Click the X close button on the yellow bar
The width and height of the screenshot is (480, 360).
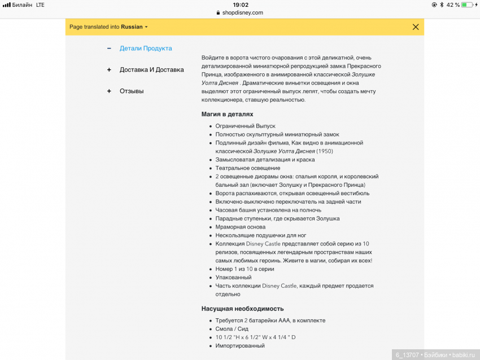click(416, 27)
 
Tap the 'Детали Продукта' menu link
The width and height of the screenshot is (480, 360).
click(146, 49)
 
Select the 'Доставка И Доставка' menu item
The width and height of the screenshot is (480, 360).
click(151, 70)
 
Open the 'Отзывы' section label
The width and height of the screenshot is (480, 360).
click(132, 91)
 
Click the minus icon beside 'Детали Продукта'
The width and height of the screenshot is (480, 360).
click(109, 49)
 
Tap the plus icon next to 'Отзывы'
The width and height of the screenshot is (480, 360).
click(109, 91)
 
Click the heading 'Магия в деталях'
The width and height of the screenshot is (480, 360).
click(228, 114)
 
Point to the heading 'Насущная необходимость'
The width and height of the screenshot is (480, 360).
click(242, 309)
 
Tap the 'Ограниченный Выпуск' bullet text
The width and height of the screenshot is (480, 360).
click(245, 126)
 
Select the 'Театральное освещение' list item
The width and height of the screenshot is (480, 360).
click(248, 168)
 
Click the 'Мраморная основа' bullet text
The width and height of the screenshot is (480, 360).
click(240, 227)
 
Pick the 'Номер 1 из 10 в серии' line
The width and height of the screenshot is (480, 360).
click(245, 269)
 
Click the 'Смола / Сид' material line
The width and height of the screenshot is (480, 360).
click(232, 329)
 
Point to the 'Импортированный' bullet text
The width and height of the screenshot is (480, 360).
click(240, 345)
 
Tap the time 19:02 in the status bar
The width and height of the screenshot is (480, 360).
click(241, 5)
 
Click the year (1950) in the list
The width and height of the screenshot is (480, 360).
click(325, 151)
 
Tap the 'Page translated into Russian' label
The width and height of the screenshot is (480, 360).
click(106, 27)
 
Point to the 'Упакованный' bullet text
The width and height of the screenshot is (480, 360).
click(233, 278)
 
